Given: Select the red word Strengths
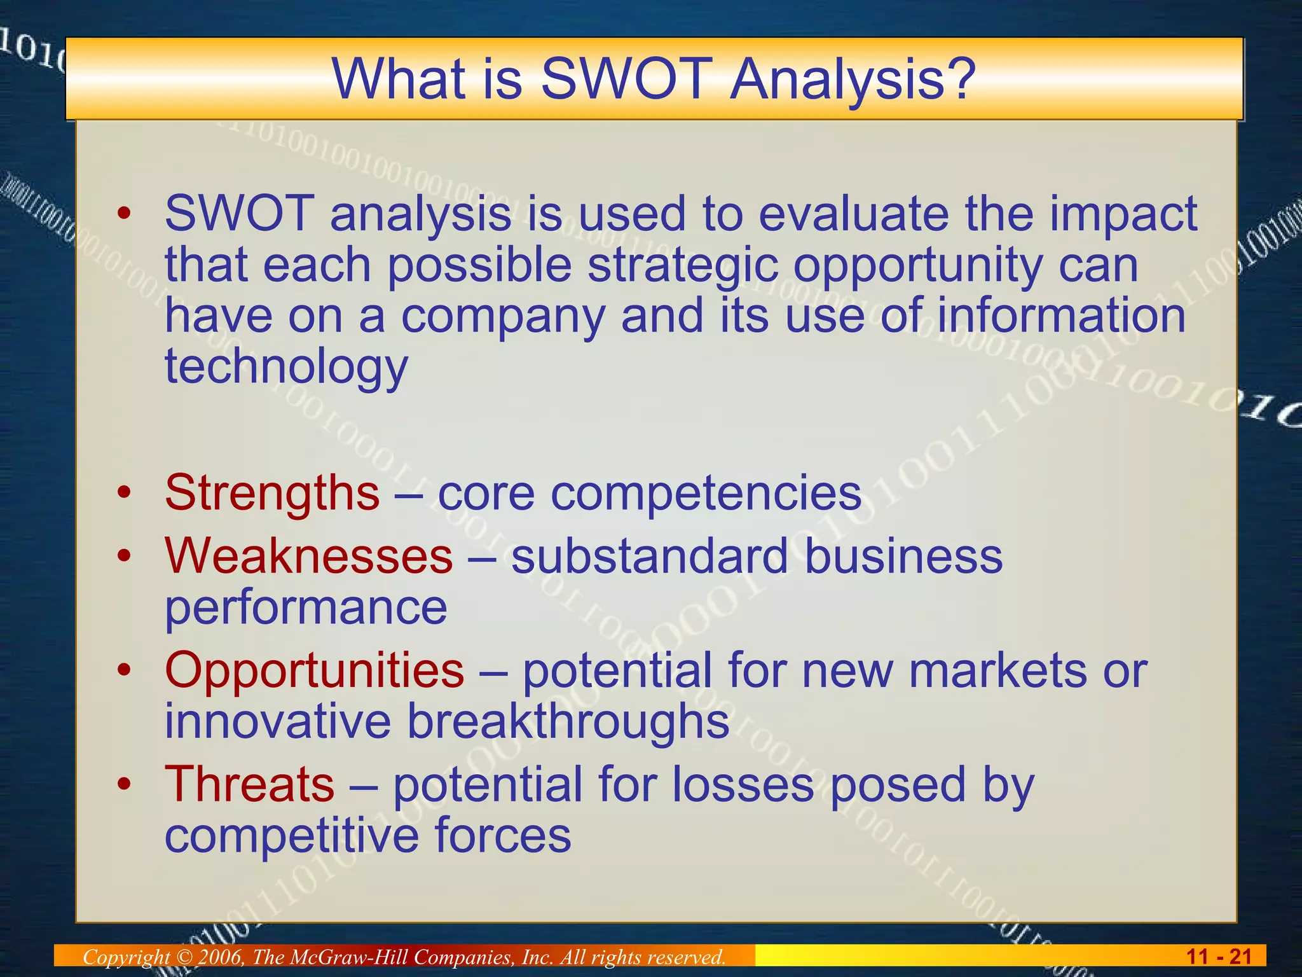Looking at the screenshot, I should pos(272,493).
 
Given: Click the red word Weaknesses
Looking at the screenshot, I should pos(309,556).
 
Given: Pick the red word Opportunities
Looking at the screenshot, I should pos(315,670).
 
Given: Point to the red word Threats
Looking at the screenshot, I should pos(249,784).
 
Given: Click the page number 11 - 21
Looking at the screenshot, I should pos(1219,956).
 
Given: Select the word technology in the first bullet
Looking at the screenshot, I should pos(286,368).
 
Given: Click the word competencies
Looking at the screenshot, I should pos(706,493).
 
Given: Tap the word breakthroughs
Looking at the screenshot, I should pos(568,721).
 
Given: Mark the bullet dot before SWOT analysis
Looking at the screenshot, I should pos(125,214).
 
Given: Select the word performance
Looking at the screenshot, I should pos(306,607).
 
